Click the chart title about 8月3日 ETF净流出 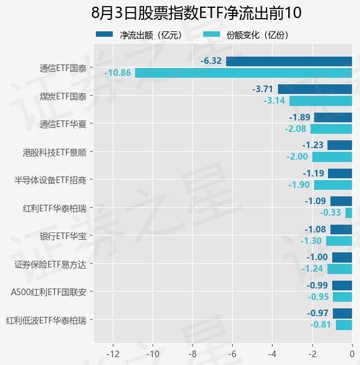point(196,13)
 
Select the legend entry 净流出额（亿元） point(139,35)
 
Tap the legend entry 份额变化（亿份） point(246,35)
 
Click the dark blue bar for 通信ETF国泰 point(289,61)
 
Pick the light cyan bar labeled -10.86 point(244,73)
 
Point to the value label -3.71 point(262,89)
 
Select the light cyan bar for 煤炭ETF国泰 point(321,101)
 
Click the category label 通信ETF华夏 point(63,124)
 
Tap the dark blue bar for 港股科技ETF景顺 point(339,145)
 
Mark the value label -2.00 point(297,157)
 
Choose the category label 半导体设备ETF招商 point(50,180)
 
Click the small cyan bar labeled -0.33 point(349,213)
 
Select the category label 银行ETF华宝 point(63,236)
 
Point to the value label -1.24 point(312,269)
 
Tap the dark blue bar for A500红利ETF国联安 point(342,285)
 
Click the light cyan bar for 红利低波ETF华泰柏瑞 point(344,325)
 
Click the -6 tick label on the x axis point(233,354)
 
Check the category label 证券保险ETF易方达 point(50,264)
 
